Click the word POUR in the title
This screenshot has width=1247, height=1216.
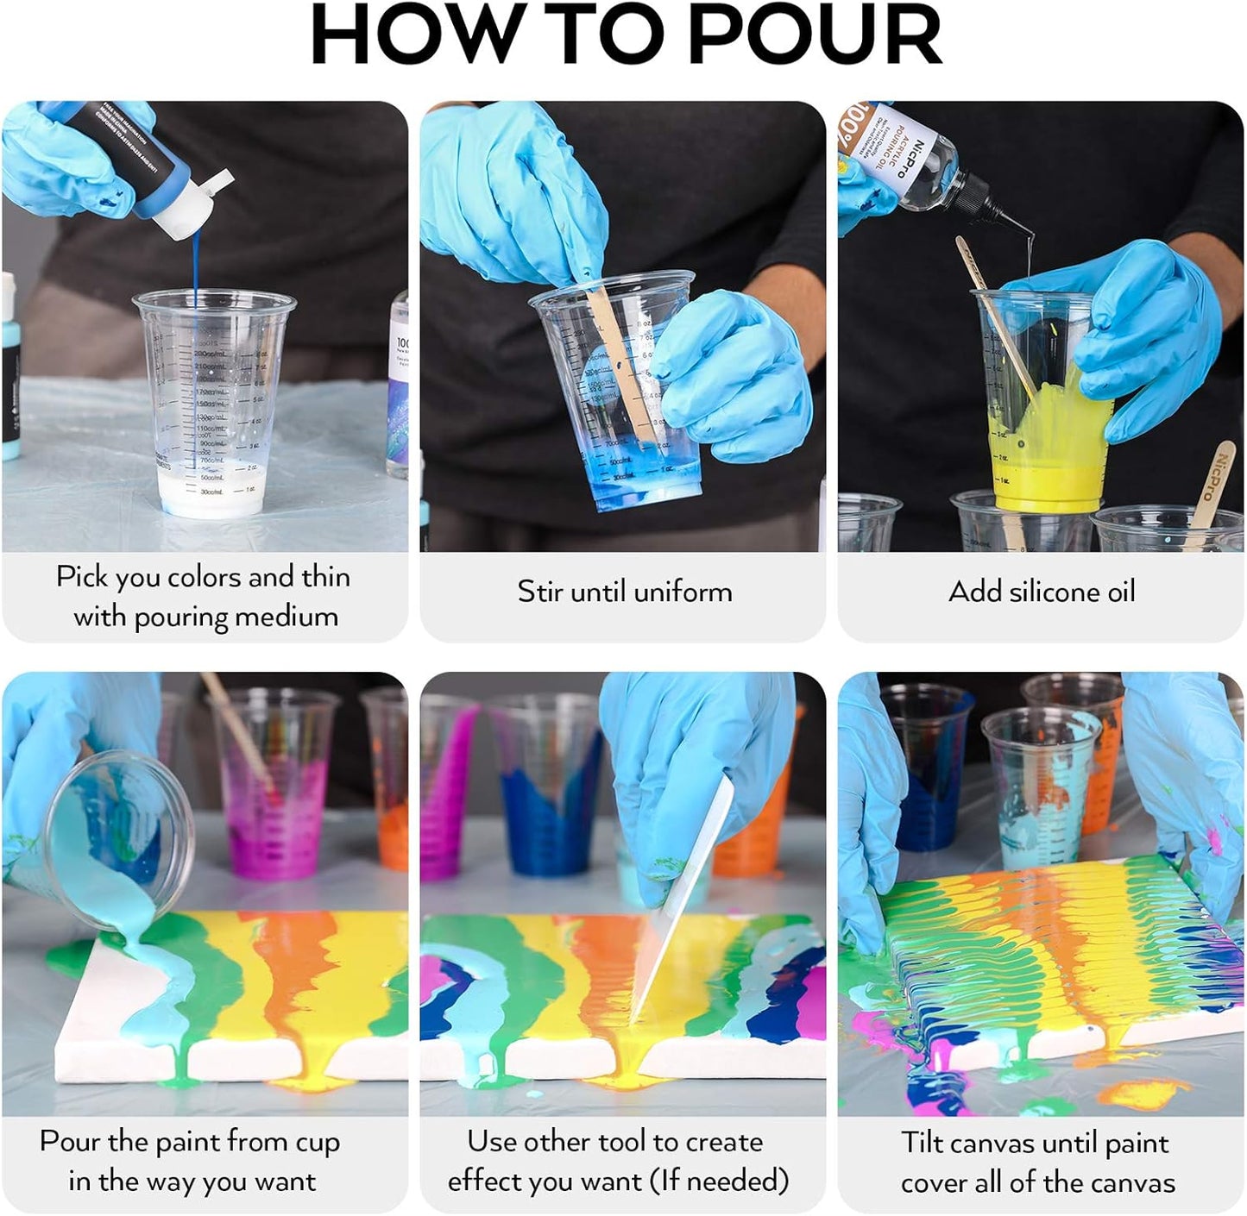pyautogui.click(x=815, y=36)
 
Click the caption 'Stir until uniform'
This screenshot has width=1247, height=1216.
pyautogui.click(x=624, y=592)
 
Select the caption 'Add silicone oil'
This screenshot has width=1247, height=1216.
pyautogui.click(x=1042, y=592)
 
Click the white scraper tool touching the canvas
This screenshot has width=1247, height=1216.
pyautogui.click(x=686, y=897)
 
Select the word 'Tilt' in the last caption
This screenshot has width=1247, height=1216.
pyautogui.click(x=924, y=1143)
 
